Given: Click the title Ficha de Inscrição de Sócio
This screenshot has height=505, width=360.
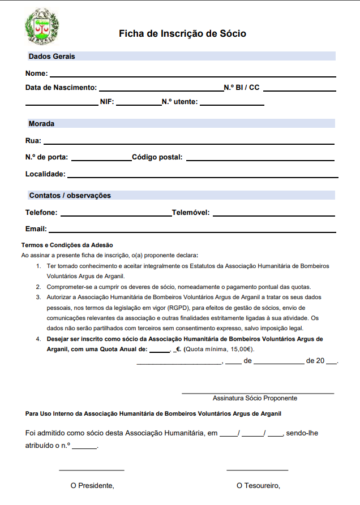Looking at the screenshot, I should click(x=182, y=34).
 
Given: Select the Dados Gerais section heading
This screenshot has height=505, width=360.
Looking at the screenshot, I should click(x=52, y=57).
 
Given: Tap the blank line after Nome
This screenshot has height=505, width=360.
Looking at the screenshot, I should click(x=192, y=75).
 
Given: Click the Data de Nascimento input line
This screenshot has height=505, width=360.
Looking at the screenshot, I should click(x=161, y=90).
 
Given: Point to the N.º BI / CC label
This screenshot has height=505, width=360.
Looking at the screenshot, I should click(x=242, y=88).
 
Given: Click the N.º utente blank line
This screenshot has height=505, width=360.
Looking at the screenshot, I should click(x=232, y=105).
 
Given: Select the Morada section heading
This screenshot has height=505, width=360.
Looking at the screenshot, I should click(x=41, y=123).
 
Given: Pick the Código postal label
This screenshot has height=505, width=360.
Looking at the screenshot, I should click(x=157, y=157).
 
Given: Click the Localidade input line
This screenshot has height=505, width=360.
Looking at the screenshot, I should click(x=203, y=177).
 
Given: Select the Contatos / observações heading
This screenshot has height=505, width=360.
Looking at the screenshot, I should click(x=70, y=196).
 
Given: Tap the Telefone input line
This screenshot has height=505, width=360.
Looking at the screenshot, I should click(x=115, y=215).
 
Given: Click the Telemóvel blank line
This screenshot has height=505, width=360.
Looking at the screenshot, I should click(x=274, y=215).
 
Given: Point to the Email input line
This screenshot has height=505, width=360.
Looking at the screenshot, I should click(x=192, y=232).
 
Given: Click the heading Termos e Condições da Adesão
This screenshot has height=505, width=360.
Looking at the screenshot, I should click(x=67, y=245).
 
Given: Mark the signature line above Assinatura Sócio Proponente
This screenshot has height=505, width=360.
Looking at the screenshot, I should click(x=258, y=392).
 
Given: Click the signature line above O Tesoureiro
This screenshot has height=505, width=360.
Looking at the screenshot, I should click(x=258, y=470).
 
